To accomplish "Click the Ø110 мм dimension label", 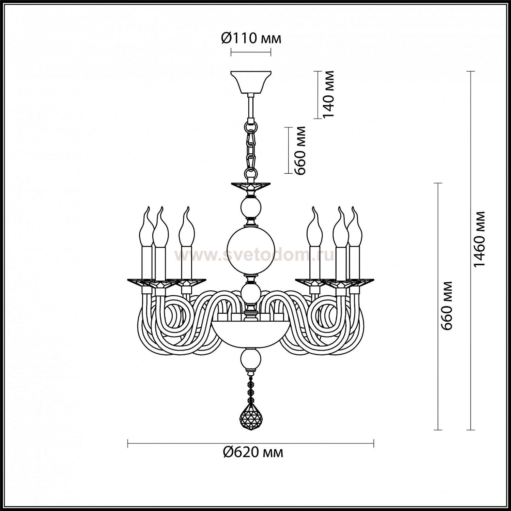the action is point(251,38).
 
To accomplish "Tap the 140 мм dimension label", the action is point(328,94).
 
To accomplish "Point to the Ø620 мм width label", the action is point(252,452).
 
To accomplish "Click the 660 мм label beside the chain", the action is point(300,150).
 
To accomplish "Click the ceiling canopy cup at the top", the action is point(251,83).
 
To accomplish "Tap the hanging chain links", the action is point(251,147).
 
